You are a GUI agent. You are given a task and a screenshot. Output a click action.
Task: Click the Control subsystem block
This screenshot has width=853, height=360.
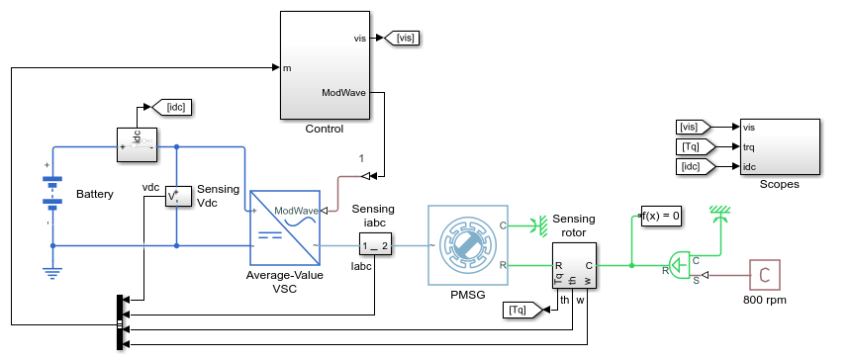(x=326, y=64)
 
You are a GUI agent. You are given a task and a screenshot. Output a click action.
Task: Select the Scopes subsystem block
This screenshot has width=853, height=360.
(x=779, y=146)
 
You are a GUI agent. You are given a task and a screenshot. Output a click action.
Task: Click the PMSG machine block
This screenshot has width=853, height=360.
(x=468, y=245)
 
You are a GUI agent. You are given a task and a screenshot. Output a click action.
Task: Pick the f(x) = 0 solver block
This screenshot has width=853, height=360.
(x=661, y=217)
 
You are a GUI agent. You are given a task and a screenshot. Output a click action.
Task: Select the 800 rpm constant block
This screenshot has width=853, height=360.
(x=764, y=275)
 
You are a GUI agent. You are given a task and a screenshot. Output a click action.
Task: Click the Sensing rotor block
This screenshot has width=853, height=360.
(x=574, y=266)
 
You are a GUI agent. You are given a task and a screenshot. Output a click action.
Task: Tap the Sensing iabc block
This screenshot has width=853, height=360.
(x=375, y=246)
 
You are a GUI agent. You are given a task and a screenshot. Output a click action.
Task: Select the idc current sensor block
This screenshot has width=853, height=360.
(x=138, y=144)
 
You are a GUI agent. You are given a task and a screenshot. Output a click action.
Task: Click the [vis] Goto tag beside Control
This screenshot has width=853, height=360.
(x=402, y=38)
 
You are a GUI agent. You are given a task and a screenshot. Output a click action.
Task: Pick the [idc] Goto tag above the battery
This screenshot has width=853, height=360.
(x=171, y=107)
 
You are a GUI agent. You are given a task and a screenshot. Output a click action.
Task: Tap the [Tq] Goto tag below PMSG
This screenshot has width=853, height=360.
(x=523, y=310)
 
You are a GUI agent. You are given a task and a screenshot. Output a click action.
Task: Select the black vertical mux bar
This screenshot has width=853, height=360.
(x=120, y=322)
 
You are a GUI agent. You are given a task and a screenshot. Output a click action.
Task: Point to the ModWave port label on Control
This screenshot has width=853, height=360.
(x=343, y=92)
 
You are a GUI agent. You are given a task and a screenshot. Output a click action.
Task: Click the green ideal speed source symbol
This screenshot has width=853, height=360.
(x=678, y=266)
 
